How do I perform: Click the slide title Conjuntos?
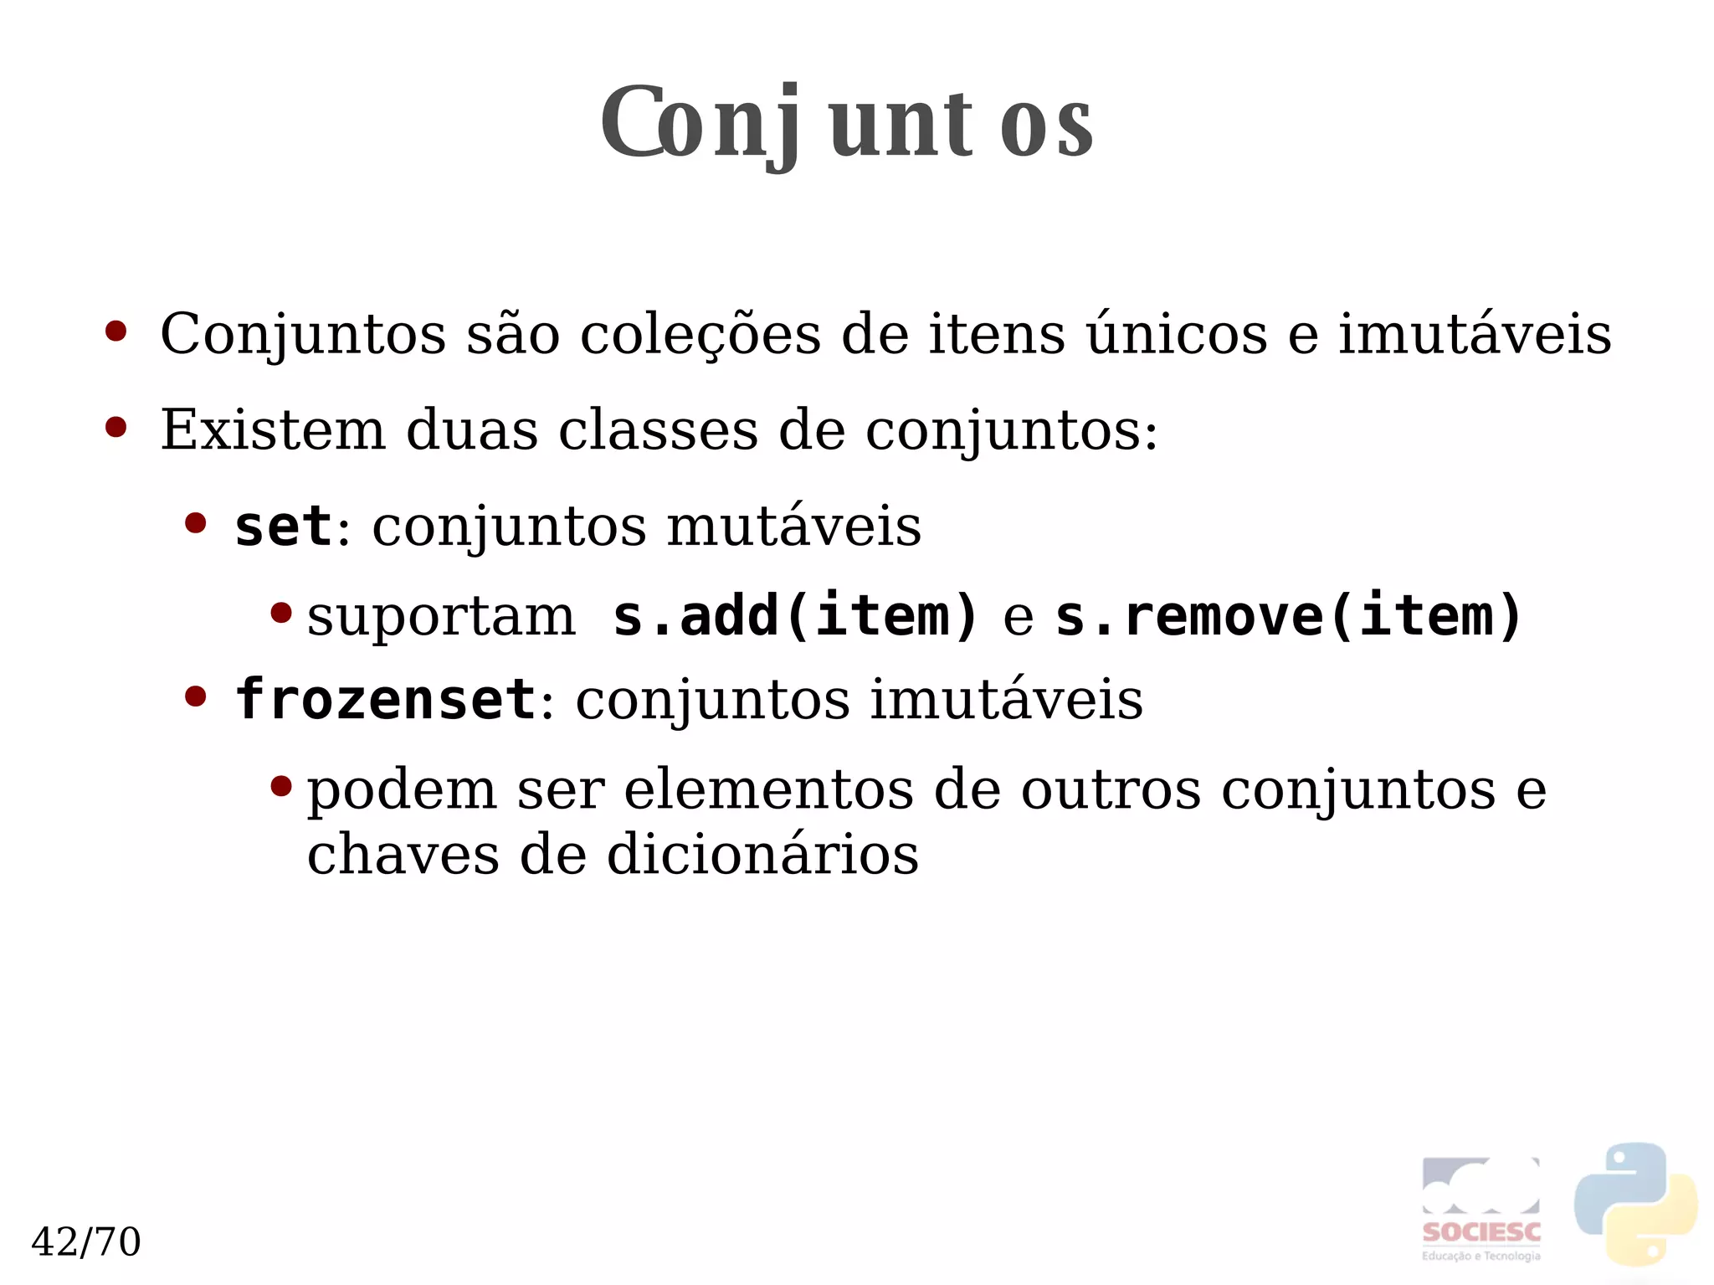[846, 123]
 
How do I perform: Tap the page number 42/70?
[85, 1241]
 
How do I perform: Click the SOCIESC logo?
[1481, 1210]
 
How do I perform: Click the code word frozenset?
[385, 700]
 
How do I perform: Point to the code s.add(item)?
[795, 616]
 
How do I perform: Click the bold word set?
[283, 527]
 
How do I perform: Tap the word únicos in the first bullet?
[1177, 333]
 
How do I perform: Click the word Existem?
[273, 430]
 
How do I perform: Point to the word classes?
[658, 430]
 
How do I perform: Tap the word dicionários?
[762, 856]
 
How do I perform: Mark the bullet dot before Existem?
[115, 428]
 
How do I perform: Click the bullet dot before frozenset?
[195, 696]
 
